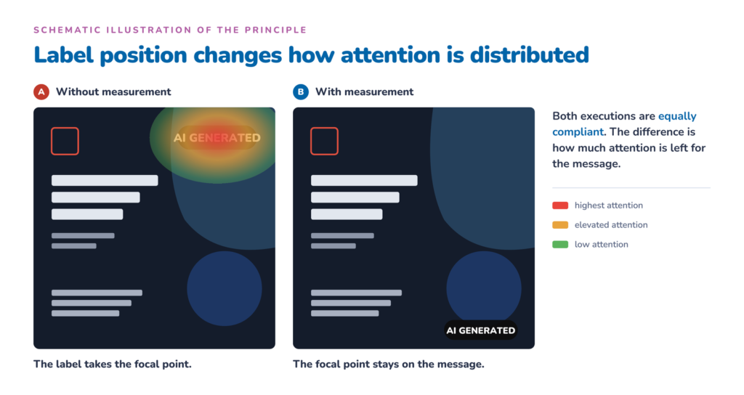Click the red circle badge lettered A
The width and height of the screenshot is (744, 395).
[41, 91]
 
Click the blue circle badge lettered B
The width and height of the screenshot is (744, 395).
[301, 91]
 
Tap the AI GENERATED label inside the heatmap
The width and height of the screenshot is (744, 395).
[217, 137]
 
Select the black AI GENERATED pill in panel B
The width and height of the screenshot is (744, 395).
[481, 330]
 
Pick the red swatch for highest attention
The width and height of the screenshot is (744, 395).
[560, 205]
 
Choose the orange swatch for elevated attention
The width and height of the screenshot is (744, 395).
[560, 225]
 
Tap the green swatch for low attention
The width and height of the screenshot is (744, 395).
[560, 244]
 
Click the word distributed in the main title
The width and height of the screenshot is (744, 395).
[530, 55]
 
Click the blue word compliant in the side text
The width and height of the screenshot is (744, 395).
[578, 132]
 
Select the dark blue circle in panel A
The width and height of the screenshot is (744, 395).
[225, 288]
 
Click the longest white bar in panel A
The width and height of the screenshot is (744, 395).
[105, 180]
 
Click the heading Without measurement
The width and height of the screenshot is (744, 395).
[113, 91]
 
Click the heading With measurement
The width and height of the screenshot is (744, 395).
[365, 91]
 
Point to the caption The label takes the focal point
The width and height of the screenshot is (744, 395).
[113, 365]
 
